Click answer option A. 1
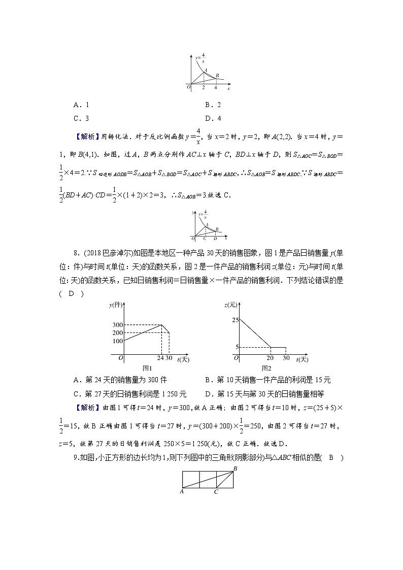click(x=81, y=105)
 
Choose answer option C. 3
click(x=81, y=119)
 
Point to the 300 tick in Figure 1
click(x=118, y=325)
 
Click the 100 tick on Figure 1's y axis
click(x=118, y=341)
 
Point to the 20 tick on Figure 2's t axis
click(x=270, y=358)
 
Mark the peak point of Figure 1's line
click(x=162, y=325)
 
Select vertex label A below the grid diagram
click(x=181, y=491)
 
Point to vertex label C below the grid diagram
click(x=216, y=491)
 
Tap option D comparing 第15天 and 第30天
click(x=264, y=393)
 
